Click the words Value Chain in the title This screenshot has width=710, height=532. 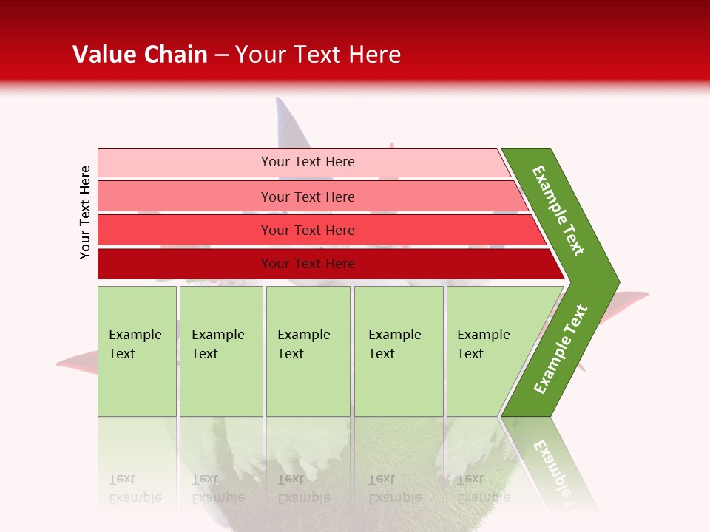click(140, 55)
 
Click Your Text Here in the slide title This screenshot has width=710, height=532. click(318, 55)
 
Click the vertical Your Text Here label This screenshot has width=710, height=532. click(85, 212)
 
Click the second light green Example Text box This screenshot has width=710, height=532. click(221, 351)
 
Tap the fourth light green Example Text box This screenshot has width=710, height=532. click(399, 351)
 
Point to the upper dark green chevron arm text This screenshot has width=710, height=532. click(558, 211)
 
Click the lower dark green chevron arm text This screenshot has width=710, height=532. click(560, 349)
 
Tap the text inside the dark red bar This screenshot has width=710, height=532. click(308, 264)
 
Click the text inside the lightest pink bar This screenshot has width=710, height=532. click(308, 162)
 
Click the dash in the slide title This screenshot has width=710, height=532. click(221, 55)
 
